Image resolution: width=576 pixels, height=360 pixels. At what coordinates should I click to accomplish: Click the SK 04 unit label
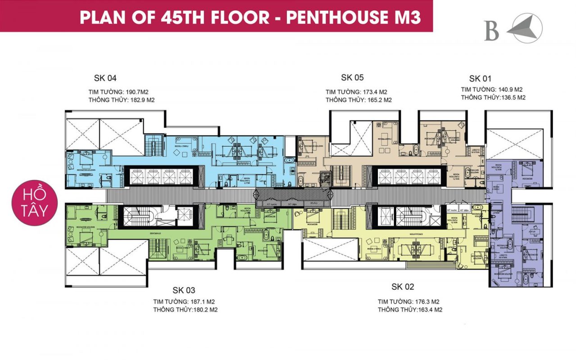[x=105, y=78]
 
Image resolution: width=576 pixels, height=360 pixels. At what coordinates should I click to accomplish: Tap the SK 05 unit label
[x=352, y=77]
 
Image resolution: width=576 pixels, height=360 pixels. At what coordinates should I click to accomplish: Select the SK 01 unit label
[x=480, y=78]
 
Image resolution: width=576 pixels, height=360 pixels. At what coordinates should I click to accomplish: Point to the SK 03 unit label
[x=184, y=290]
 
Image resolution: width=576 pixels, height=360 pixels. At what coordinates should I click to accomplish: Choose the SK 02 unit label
[x=402, y=287]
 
